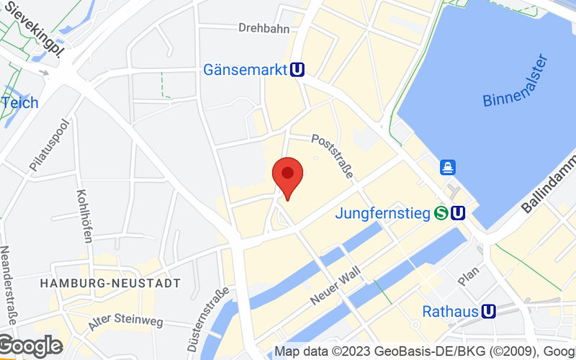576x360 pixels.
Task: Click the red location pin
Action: pyautogui.click(x=287, y=175)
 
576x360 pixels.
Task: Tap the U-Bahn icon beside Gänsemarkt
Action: pyautogui.click(x=297, y=70)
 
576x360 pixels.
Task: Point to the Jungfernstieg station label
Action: pyautogui.click(x=382, y=213)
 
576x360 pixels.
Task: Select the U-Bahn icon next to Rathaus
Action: pyautogui.click(x=489, y=311)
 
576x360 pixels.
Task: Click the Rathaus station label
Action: pyautogui.click(x=451, y=311)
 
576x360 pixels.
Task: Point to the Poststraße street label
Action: pyautogui.click(x=333, y=156)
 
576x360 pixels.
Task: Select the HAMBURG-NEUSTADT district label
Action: pyautogui.click(x=110, y=284)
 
